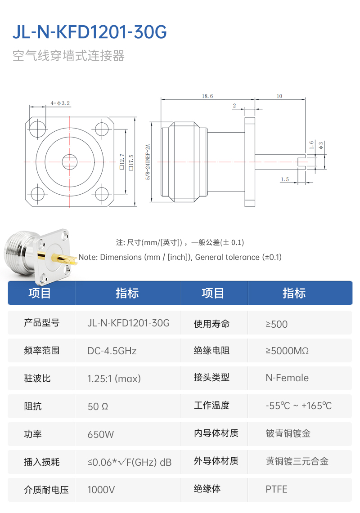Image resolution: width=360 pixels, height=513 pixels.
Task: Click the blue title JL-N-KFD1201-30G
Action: click(90, 32)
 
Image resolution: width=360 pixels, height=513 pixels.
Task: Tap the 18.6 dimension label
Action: click(207, 96)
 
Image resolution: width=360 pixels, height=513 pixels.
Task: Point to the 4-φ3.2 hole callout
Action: click(60, 103)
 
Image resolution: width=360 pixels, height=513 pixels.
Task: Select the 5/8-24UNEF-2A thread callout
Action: click(148, 162)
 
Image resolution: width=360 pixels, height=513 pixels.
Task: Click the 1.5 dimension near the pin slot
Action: click(285, 179)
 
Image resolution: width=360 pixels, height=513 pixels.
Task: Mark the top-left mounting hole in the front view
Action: click(37, 129)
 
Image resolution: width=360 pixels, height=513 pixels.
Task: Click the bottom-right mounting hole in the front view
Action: click(102, 194)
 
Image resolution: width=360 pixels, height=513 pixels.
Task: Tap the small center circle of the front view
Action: click(70, 161)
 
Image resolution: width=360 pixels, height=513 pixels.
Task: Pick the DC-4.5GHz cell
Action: click(112, 351)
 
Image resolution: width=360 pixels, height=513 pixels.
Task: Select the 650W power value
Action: click(100, 434)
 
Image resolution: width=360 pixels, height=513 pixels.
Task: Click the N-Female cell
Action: click(287, 378)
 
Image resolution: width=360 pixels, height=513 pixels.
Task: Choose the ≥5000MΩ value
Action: click(287, 351)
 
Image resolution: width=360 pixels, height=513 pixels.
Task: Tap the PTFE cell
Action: click(276, 489)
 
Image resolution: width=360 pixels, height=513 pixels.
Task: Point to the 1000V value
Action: click(101, 490)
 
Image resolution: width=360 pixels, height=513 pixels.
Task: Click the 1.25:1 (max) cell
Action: click(114, 379)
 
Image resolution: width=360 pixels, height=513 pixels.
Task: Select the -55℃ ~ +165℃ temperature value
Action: click(298, 406)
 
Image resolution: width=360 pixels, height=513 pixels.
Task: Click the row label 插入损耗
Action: click(41, 462)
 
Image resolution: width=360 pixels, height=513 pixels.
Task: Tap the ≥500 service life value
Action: click(276, 324)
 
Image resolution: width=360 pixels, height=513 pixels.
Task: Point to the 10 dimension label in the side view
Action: click(279, 96)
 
